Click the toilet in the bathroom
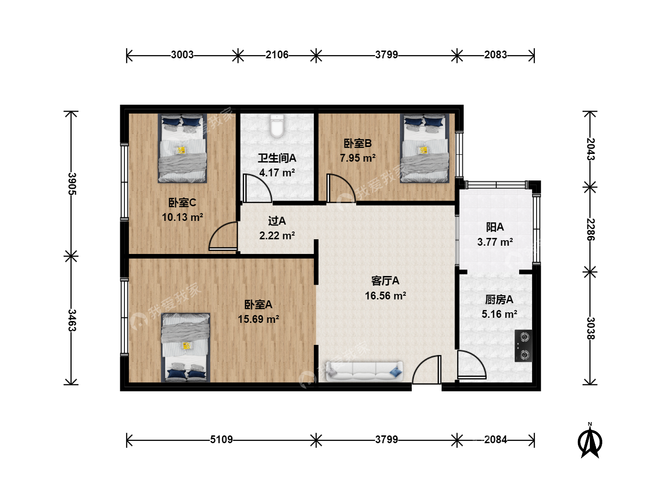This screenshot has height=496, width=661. pyautogui.click(x=277, y=126)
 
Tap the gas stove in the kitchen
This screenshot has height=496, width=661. pyautogui.click(x=523, y=346)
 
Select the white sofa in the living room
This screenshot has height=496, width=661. pyautogui.click(x=364, y=372)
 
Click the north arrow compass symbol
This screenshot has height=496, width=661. pyautogui.click(x=590, y=441)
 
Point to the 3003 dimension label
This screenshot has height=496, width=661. pyautogui.click(x=182, y=55)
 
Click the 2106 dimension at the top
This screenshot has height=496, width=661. pyautogui.click(x=277, y=55)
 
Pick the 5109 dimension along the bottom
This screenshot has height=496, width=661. pyautogui.click(x=221, y=440)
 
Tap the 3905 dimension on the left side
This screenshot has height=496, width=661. pyautogui.click(x=72, y=184)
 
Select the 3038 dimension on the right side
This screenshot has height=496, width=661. pyautogui.click(x=590, y=328)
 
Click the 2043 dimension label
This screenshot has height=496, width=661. pyautogui.click(x=590, y=149)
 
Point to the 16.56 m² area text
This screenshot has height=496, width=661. pyautogui.click(x=386, y=296)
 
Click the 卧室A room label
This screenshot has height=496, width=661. pyautogui.click(x=258, y=304)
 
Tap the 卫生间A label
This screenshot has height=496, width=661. pyautogui.click(x=277, y=158)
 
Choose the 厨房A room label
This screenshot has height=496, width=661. pyautogui.click(x=499, y=299)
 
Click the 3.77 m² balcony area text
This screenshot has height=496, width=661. pyautogui.click(x=495, y=242)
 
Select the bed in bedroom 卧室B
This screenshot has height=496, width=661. pyautogui.click(x=424, y=148)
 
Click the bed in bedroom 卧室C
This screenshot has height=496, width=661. pyautogui.click(x=182, y=148)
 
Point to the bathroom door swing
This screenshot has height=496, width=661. pyautogui.click(x=257, y=188)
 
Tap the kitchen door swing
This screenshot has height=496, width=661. pyautogui.click(x=471, y=364)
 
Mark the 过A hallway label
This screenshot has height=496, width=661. pyautogui.click(x=277, y=221)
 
